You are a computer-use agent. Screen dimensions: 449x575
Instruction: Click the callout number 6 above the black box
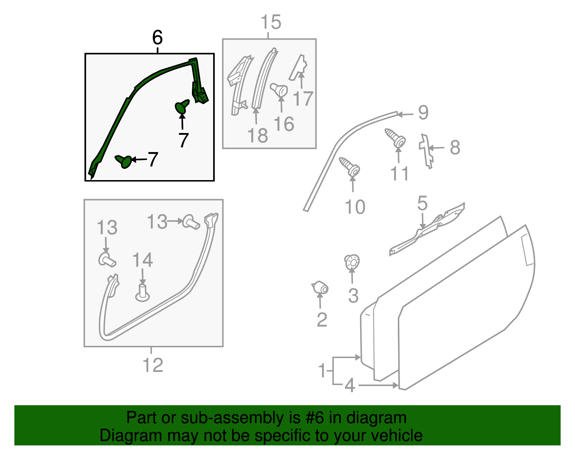[x=157, y=37]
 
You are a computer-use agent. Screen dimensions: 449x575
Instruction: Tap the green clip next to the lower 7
[x=124, y=161]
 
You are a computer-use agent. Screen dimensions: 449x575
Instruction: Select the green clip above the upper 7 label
[x=182, y=107]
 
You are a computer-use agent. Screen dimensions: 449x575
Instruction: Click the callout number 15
[x=271, y=22]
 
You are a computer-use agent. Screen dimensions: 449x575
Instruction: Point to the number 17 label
[x=303, y=98]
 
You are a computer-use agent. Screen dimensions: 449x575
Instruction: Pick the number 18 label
[x=258, y=136]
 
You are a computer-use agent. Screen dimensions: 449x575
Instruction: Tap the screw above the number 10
[x=349, y=167]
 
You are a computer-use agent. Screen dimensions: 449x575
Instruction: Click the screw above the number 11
[x=395, y=138]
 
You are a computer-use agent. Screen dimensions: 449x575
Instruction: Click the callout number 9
[x=423, y=113]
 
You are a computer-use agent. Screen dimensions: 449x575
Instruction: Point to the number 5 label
[x=422, y=203]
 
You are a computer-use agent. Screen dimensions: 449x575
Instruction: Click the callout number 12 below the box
[x=153, y=365]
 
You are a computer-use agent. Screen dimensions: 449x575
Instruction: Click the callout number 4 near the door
[x=349, y=385]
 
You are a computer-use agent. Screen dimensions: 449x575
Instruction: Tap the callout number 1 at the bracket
[x=322, y=370]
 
